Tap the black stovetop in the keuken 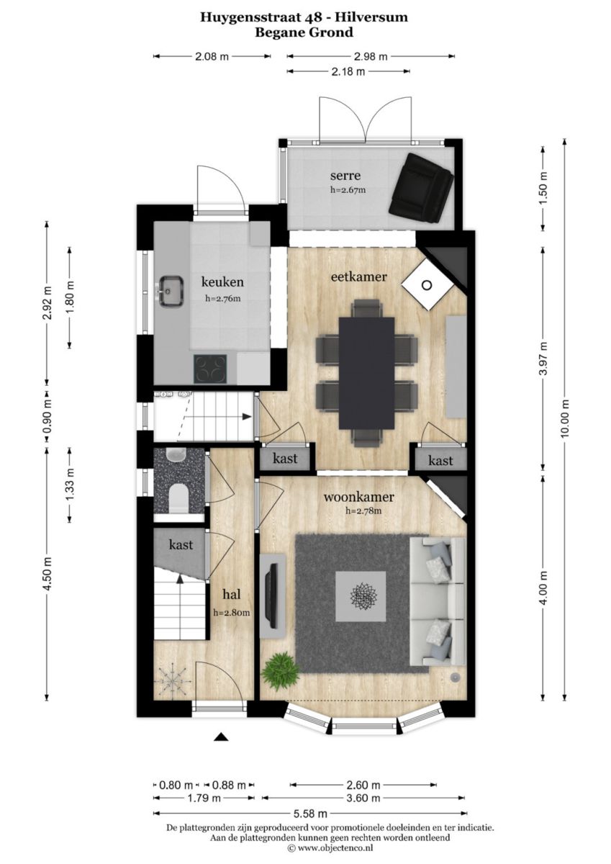click(210, 369)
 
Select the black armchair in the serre click(421, 188)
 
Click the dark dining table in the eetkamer click(367, 374)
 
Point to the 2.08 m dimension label click(212, 56)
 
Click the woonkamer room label click(358, 497)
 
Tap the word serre click(345, 176)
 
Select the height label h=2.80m click(231, 612)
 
